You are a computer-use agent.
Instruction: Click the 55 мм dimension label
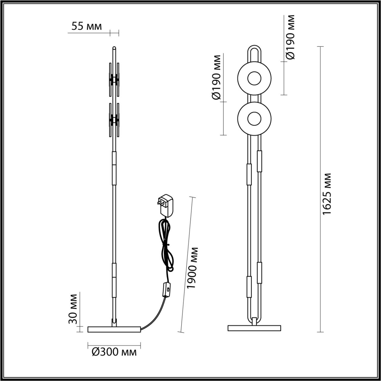(x=87, y=26)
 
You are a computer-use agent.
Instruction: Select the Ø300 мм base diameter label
(x=114, y=352)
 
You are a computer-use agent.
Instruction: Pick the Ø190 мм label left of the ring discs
(x=216, y=77)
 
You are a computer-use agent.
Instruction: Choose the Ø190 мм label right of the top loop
(x=290, y=37)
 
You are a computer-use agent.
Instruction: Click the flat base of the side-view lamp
(x=114, y=329)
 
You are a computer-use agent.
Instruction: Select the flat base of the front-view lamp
(x=254, y=328)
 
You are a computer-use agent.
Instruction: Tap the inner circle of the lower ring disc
(x=254, y=118)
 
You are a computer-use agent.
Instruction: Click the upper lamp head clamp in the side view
(x=114, y=79)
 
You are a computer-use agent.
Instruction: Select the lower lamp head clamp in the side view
(x=114, y=120)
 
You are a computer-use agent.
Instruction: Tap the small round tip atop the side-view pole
(x=114, y=48)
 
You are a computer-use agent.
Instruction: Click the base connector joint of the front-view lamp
(x=254, y=321)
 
